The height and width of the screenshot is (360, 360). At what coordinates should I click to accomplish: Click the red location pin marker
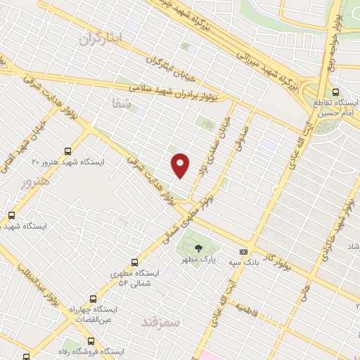(x=181, y=165)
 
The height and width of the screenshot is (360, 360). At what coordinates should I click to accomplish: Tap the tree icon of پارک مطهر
(x=198, y=247)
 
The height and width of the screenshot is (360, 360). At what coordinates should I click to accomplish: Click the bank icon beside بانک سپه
(x=243, y=252)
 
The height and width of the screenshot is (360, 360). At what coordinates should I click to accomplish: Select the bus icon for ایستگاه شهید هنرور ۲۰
(x=67, y=150)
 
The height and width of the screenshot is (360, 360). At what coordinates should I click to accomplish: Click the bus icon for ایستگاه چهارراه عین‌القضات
(x=91, y=299)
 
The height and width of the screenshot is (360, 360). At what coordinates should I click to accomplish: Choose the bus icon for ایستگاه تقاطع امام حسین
(x=335, y=92)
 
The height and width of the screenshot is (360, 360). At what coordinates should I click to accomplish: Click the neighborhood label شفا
(x=121, y=103)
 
